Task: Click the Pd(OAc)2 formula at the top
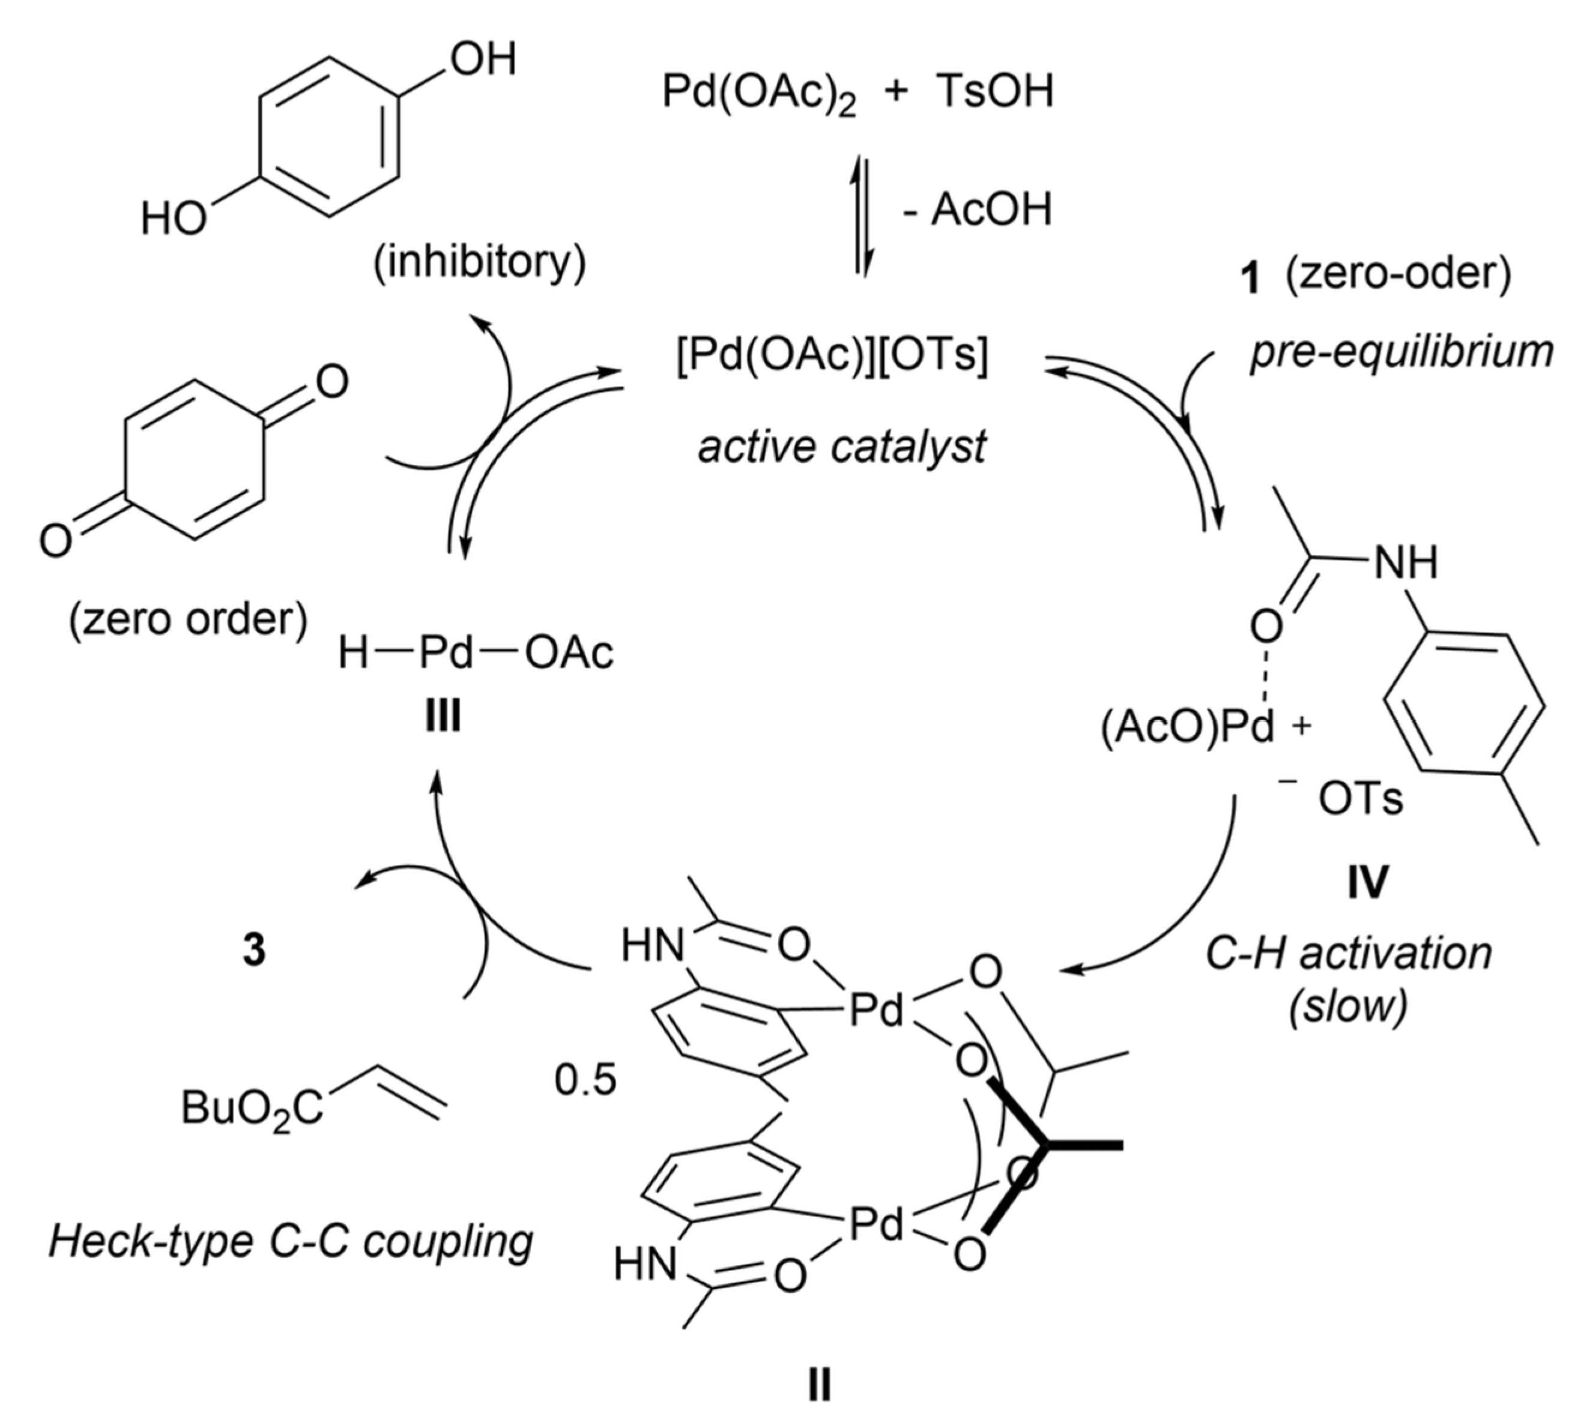pos(759,92)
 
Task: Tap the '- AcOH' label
pos(978,210)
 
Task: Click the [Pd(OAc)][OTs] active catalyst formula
pos(832,356)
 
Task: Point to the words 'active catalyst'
pos(842,447)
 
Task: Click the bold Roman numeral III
pos(443,715)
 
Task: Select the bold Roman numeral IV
pos(1367,882)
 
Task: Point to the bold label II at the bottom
pos(819,1385)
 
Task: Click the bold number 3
pos(254,951)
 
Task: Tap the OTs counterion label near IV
pos(1360,799)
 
